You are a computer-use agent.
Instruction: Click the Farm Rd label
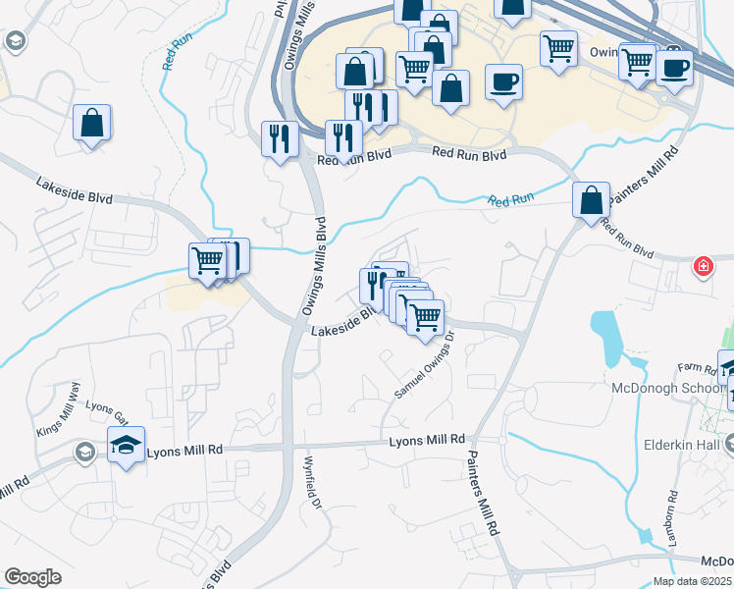point(699,369)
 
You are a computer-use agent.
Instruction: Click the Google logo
point(32,577)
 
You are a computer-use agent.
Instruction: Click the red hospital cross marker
point(703,266)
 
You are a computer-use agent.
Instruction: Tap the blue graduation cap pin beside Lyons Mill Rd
point(126,445)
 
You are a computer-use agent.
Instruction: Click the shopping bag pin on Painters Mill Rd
point(592,200)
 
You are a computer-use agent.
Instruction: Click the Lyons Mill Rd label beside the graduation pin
point(184,451)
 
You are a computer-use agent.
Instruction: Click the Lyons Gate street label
point(108,411)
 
